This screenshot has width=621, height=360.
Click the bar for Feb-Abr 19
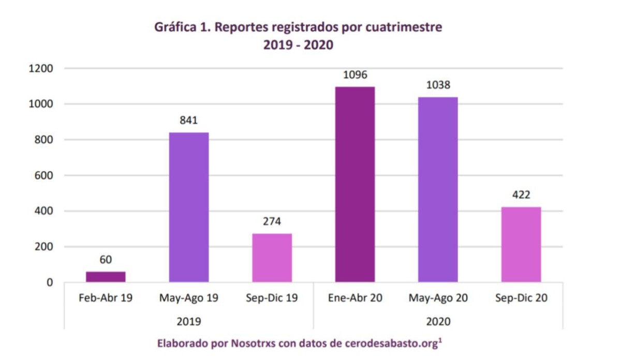pyautogui.click(x=106, y=277)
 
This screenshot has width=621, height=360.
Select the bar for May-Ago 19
pyautogui.click(x=189, y=207)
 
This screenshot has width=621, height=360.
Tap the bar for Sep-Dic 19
pyautogui.click(x=272, y=258)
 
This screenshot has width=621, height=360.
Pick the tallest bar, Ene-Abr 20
pyautogui.click(x=355, y=184)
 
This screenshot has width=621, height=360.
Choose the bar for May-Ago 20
pyautogui.click(x=438, y=189)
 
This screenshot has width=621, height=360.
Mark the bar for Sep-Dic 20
pyautogui.click(x=521, y=244)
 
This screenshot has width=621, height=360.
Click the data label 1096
pyautogui.click(x=355, y=75)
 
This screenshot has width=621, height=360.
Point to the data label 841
pyautogui.click(x=189, y=121)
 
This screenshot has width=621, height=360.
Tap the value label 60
pyautogui.click(x=106, y=260)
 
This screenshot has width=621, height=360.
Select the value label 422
pyautogui.click(x=521, y=196)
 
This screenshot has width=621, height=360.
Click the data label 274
pyautogui.click(x=272, y=222)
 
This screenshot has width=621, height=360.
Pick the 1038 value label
pyautogui.click(x=438, y=85)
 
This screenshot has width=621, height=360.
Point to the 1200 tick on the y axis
pyautogui.click(x=42, y=68)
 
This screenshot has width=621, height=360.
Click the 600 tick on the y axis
pyautogui.click(x=46, y=175)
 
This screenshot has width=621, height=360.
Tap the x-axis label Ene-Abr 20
pyautogui.click(x=355, y=298)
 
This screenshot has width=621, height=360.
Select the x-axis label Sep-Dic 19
pyautogui.click(x=272, y=298)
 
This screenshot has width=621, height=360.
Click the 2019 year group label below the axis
pyautogui.click(x=189, y=321)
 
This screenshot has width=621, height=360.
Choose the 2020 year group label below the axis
pyautogui.click(x=438, y=321)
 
